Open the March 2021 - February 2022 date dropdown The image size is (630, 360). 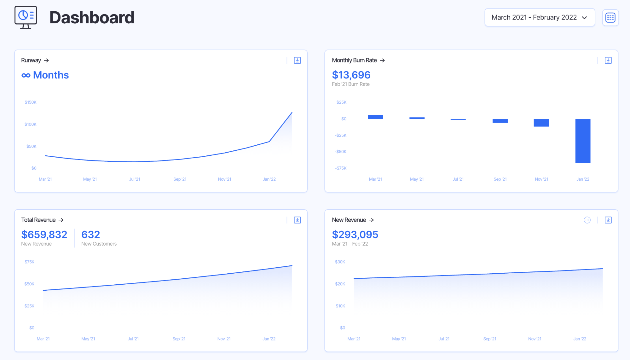(539, 17)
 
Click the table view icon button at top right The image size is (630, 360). (610, 17)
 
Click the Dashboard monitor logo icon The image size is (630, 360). (26, 17)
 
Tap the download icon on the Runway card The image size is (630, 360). (297, 60)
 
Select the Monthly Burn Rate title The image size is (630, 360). (354, 60)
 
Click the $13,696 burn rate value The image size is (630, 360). (351, 75)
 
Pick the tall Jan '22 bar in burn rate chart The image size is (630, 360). (583, 141)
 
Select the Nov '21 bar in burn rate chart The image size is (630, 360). (541, 123)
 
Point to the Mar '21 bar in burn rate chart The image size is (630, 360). (375, 117)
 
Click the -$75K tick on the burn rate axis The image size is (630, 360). (341, 168)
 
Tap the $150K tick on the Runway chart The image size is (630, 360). (31, 102)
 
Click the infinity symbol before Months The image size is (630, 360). (26, 75)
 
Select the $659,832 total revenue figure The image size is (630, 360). (44, 235)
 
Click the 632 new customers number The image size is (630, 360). (90, 235)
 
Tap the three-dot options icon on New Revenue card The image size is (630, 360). (587, 220)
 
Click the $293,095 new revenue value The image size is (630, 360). (355, 235)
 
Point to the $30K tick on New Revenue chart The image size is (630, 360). (340, 262)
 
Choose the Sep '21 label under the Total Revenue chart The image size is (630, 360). (179, 339)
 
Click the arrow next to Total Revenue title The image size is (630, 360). (61, 220)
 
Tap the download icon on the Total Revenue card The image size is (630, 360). (297, 220)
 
